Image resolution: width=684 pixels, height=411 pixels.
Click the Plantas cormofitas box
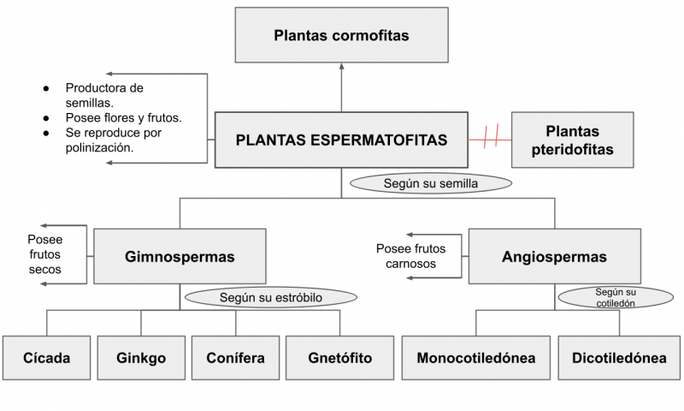[x=341, y=35]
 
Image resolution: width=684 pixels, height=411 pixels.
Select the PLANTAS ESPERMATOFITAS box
[x=341, y=140]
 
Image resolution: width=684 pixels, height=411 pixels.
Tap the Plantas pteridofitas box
[x=572, y=140]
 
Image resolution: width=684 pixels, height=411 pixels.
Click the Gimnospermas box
[x=180, y=256]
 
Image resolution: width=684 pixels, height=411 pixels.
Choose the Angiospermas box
[x=554, y=256]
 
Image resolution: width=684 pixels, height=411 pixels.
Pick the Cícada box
[x=47, y=358]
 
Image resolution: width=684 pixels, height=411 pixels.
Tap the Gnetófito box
[x=339, y=358]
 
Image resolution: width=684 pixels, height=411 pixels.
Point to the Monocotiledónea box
[x=475, y=358]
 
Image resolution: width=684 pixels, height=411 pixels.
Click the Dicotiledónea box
[x=618, y=358]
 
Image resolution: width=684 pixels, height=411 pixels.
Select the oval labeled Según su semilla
[x=431, y=183]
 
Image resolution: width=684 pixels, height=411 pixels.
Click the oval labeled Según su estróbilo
[x=269, y=298]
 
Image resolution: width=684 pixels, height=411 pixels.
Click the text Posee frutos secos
[x=44, y=255]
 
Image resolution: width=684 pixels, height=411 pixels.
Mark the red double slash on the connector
[x=490, y=137]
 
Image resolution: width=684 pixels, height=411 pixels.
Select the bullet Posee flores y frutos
[x=123, y=117]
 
